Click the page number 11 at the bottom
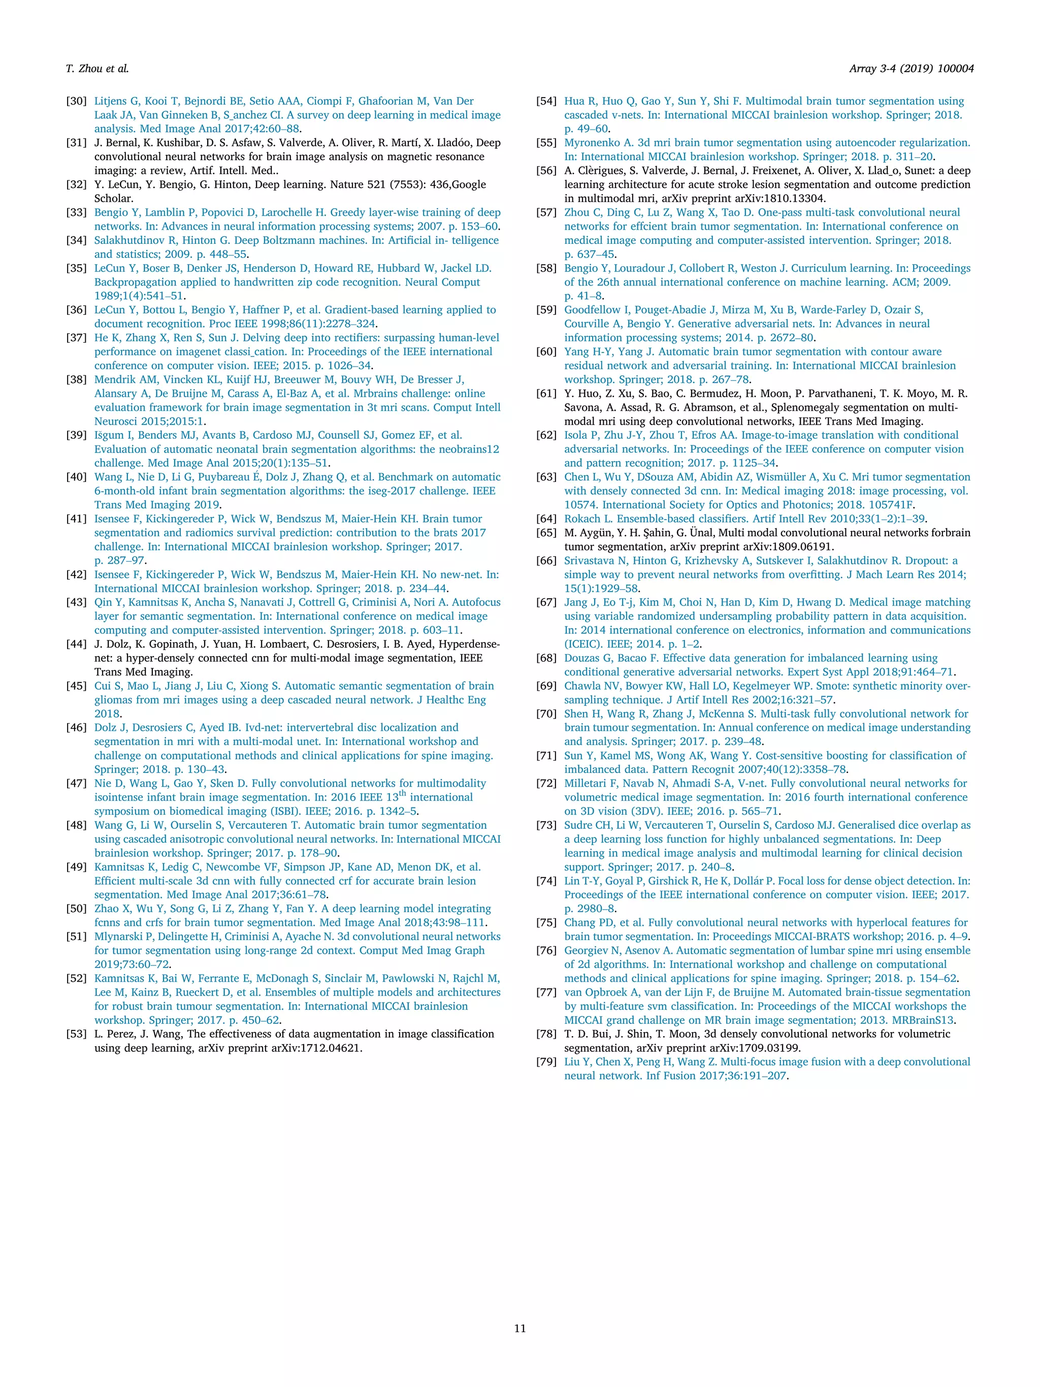[x=519, y=1328]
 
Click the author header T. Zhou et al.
[x=97, y=69]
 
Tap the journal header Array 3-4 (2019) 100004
[x=912, y=69]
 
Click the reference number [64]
[x=546, y=519]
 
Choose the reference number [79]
[x=546, y=1061]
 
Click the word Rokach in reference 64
[x=582, y=519]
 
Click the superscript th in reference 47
[x=403, y=794]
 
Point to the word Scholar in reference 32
[x=113, y=198]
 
